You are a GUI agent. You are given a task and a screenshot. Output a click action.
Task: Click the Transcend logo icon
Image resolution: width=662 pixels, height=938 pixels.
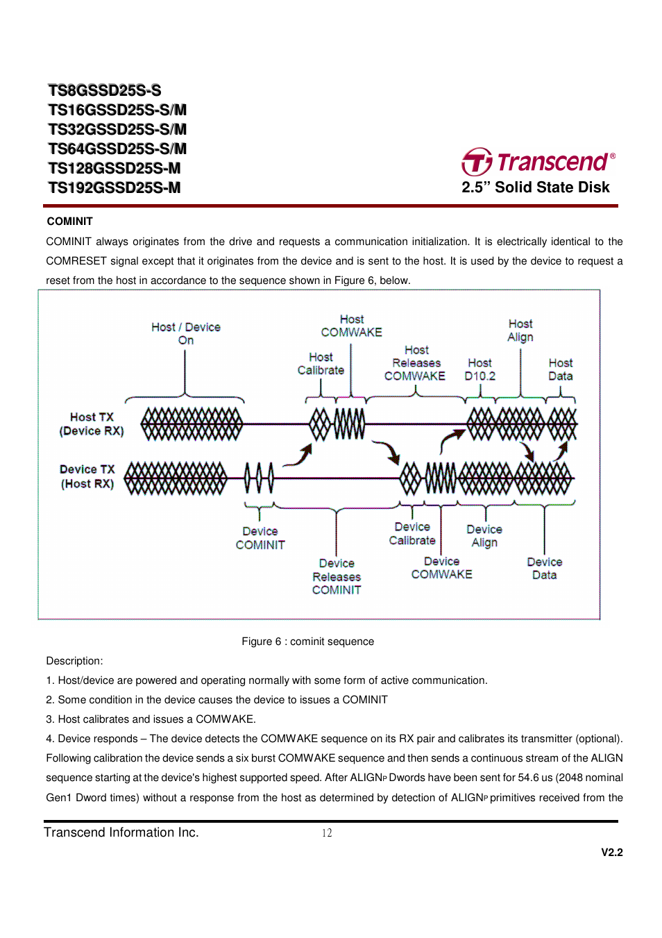477,162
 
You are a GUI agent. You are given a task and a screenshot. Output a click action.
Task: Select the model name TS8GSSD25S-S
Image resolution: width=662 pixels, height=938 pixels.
105,90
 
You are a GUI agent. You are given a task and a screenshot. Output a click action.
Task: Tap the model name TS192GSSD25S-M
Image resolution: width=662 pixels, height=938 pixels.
114,187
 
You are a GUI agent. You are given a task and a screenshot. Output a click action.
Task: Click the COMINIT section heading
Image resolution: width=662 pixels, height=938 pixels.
69,221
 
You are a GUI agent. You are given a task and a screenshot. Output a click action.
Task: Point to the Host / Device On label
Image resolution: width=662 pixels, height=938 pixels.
186,333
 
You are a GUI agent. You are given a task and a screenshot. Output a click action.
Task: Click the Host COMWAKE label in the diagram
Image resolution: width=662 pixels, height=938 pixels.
351,326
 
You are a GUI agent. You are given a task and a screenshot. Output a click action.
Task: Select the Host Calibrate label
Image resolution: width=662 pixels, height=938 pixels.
321,364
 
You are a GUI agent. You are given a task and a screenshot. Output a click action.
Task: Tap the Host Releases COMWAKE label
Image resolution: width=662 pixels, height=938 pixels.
416,363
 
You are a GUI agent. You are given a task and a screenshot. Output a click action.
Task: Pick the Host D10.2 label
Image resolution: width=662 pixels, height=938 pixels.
479,369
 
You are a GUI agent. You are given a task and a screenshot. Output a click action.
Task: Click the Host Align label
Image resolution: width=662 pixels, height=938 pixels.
520,330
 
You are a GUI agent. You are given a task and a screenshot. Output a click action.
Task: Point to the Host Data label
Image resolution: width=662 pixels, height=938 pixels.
561,369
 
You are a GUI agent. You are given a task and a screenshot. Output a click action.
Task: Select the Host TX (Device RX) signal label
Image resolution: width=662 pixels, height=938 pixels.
92,424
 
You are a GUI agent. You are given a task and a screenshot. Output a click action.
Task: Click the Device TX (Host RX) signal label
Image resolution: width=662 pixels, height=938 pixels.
87,476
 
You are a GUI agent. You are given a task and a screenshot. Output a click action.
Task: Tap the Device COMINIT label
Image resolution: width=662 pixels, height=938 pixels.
260,538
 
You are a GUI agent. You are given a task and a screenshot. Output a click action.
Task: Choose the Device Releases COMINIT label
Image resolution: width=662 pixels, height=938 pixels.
337,576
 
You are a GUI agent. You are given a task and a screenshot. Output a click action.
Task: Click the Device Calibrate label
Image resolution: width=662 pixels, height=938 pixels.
412,534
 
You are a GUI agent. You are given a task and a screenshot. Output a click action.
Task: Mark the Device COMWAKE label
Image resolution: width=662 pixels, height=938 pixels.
441,568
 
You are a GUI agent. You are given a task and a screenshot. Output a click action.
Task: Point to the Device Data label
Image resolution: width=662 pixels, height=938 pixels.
545,569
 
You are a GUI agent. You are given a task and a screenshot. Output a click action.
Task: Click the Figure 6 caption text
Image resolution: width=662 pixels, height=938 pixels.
307,642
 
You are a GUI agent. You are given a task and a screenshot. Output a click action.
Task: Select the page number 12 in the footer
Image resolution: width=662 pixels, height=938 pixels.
327,833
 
